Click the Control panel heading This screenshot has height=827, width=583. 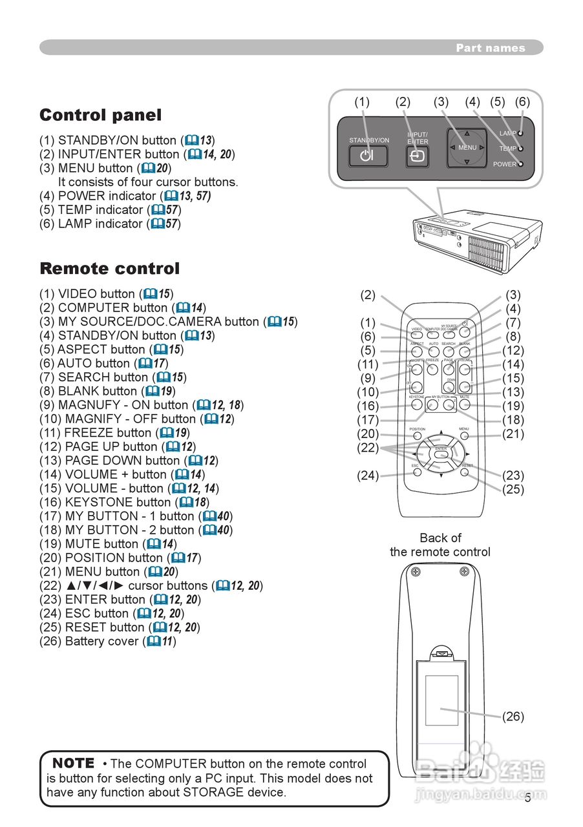100,116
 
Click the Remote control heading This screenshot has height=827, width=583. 109,269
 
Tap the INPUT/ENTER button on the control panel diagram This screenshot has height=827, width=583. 418,156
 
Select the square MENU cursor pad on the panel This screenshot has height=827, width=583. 467,148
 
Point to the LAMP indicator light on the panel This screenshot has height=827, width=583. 520,133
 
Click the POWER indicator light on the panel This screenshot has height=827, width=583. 520,164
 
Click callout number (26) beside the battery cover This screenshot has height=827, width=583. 513,717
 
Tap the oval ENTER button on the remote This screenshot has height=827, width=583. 441,455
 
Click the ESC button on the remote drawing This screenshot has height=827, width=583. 417,472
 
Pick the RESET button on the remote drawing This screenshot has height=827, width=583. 465,472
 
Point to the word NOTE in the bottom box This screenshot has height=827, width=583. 73,764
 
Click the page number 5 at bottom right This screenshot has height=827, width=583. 527,798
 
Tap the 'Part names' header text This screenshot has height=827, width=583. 490,48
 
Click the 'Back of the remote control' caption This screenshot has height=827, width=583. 440,545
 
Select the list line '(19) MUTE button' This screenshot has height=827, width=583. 107,544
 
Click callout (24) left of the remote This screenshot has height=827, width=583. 368,476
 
